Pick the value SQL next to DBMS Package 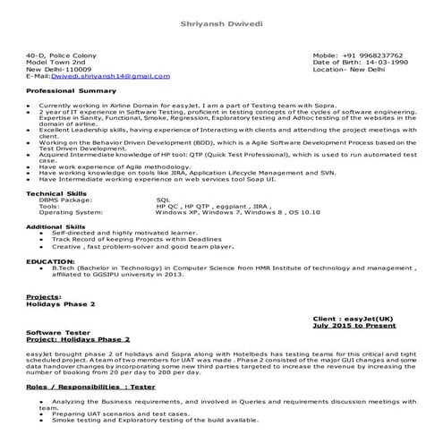click(x=162, y=200)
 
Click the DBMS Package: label click(x=65, y=200)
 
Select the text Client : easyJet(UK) click(x=355, y=319)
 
